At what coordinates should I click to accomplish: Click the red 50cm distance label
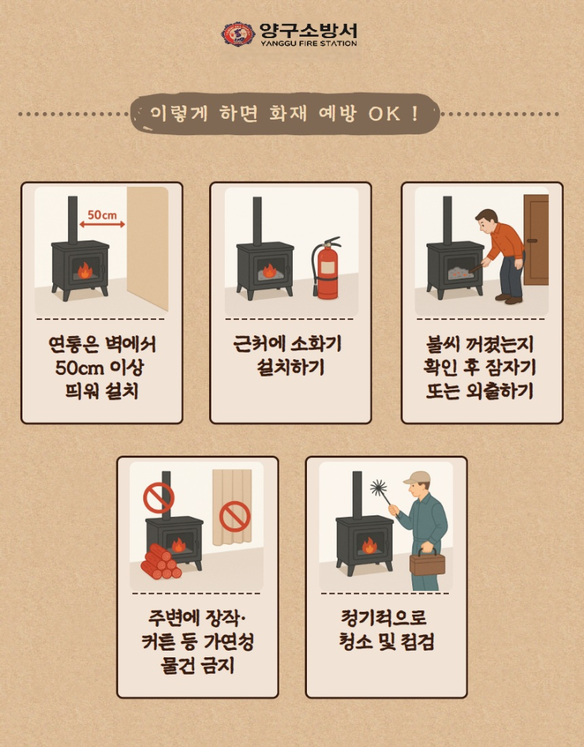[102, 215]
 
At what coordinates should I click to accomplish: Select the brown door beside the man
[535, 240]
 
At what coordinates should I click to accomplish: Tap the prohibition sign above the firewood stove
[158, 498]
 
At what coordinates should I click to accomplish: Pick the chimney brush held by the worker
[381, 492]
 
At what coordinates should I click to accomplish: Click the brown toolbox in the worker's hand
[427, 562]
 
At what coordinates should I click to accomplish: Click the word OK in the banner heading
[385, 114]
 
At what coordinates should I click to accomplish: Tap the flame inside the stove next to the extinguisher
[270, 270]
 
